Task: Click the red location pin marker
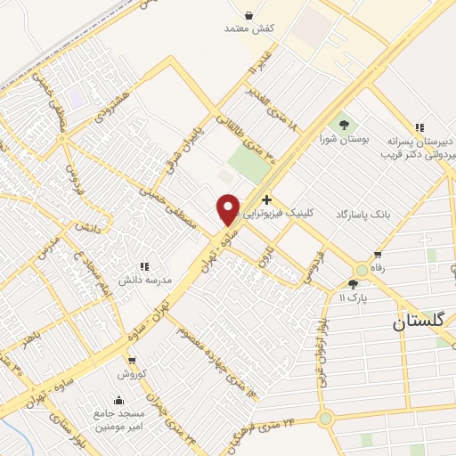[228, 209]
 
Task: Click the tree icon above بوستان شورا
[344, 124]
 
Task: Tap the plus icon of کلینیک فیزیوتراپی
[267, 187]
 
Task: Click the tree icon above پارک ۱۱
[353, 284]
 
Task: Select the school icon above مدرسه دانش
[142, 265]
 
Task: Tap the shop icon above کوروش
[132, 362]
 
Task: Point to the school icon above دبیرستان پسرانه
[419, 127]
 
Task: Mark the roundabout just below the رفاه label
[362, 270]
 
